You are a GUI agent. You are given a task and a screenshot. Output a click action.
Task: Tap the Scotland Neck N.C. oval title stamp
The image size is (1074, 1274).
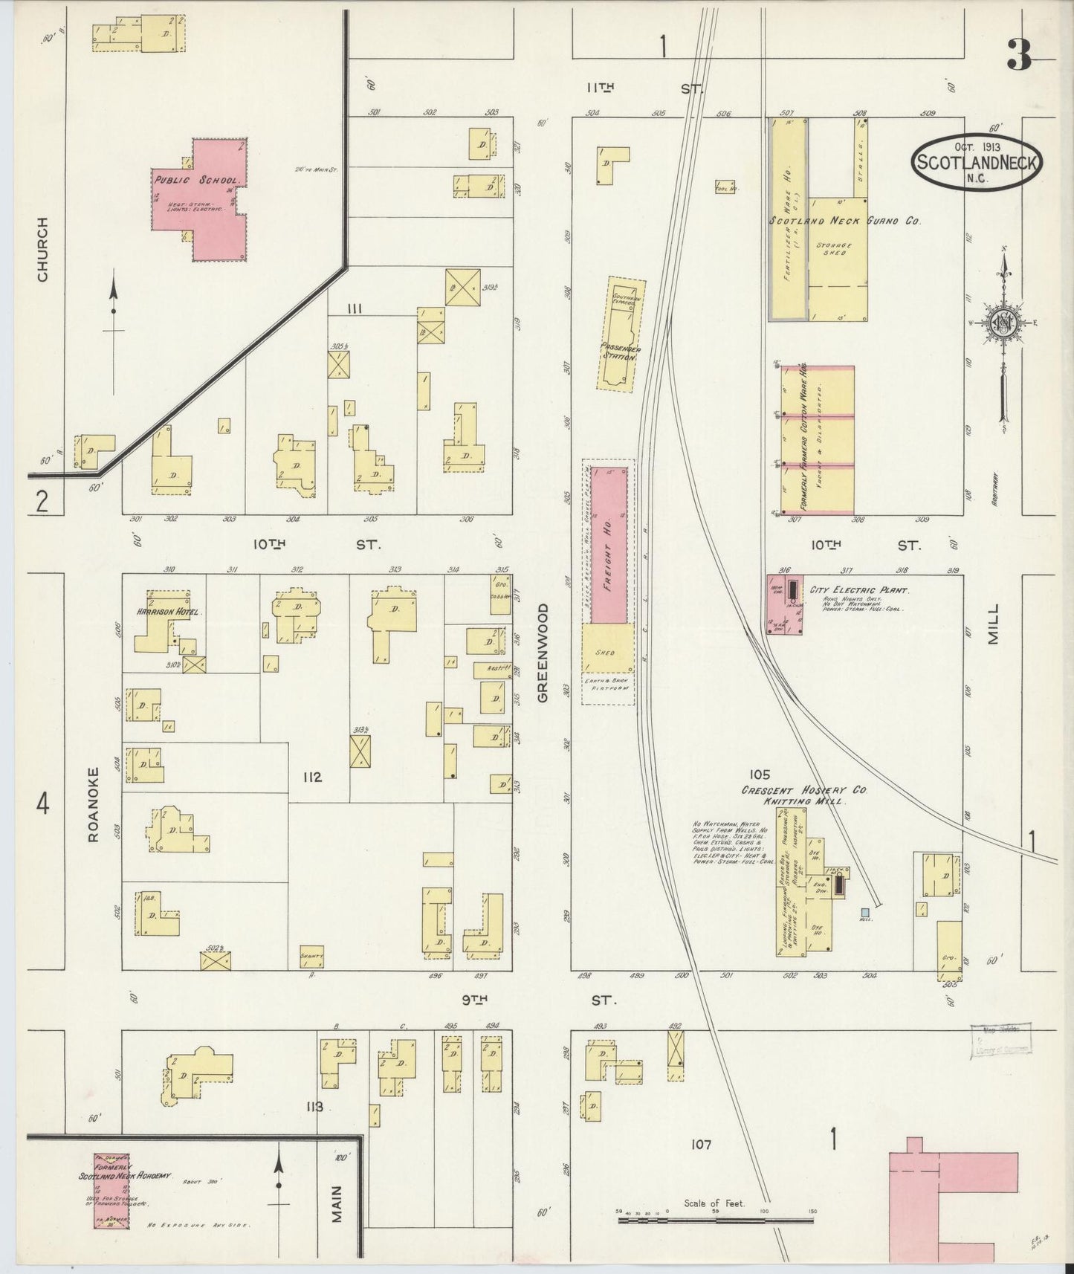click(x=977, y=161)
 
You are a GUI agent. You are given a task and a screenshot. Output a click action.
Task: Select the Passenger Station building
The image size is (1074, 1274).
click(x=621, y=334)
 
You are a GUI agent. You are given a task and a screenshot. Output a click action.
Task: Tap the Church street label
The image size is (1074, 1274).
click(x=42, y=248)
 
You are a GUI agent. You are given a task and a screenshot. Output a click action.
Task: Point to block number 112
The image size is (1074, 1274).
click(x=311, y=777)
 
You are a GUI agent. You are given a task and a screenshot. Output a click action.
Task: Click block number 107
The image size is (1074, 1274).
click(x=701, y=1165)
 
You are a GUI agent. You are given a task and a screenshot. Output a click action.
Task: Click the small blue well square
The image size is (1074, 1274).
click(x=865, y=912)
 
